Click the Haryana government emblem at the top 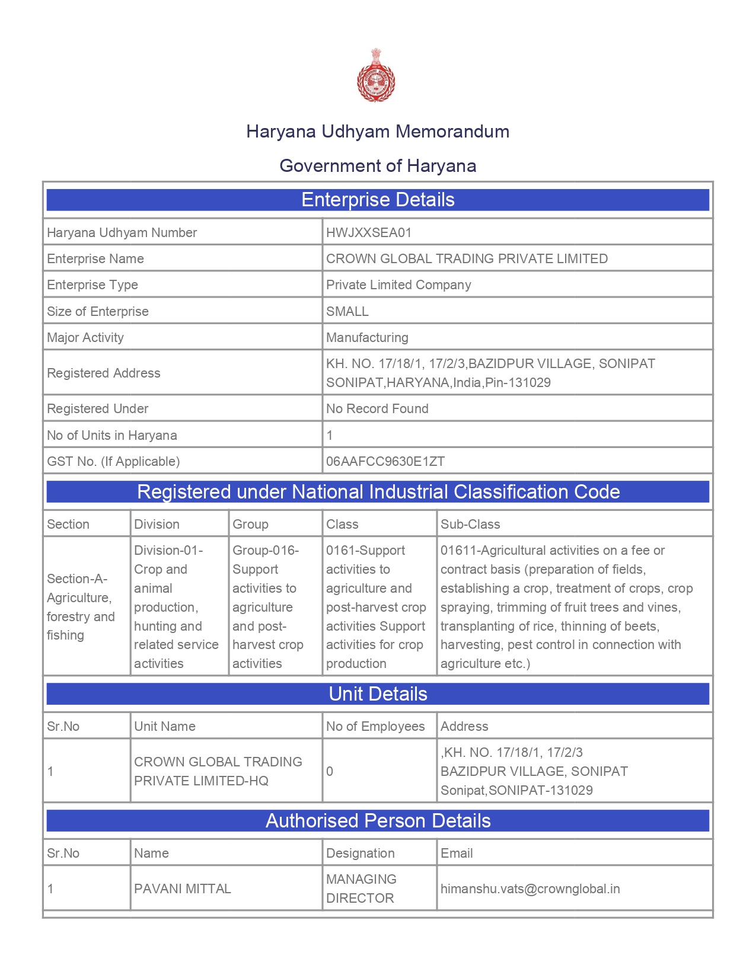coord(376,75)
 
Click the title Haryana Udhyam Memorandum coord(378,132)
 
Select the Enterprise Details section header coord(378,200)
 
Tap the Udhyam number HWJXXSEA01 coord(369,232)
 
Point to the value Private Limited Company coord(398,285)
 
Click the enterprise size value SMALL coord(347,311)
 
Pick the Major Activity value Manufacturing coord(367,337)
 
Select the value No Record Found coord(377,408)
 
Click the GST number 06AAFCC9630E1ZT coord(385,461)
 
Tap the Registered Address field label coord(104,373)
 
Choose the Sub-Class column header coord(470,524)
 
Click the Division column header coord(157,524)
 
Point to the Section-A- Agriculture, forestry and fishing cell coord(81,606)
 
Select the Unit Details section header coord(378,694)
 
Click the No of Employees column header coord(375,726)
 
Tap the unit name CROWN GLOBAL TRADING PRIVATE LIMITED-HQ coord(218,771)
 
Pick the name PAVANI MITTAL coord(183,888)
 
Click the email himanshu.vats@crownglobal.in coord(530,888)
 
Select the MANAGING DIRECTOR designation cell coord(361,888)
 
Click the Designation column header coord(361,853)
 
